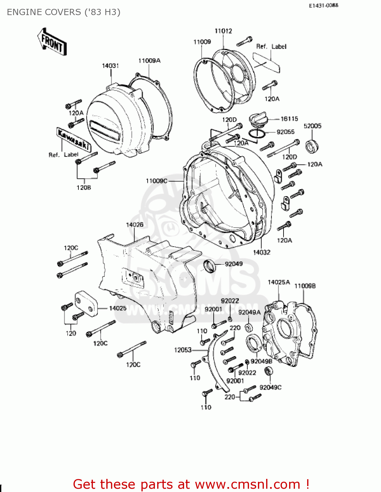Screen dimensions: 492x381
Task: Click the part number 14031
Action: [x=110, y=66]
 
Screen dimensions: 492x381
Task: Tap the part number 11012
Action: [x=223, y=31]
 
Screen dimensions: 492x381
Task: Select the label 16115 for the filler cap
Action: [x=289, y=119]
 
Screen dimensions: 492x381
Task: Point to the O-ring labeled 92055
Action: [x=256, y=133]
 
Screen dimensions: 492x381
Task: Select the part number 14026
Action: [x=135, y=225]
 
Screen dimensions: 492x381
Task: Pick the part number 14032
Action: [x=262, y=252]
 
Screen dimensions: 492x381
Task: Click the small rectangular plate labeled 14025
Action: [x=86, y=304]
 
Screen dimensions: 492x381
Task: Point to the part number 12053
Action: [x=182, y=350]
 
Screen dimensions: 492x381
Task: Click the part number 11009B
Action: [x=305, y=286]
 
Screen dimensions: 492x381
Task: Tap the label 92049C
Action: [x=270, y=387]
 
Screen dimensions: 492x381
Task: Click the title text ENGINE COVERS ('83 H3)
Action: [x=64, y=12]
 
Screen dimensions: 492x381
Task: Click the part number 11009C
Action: [x=157, y=181]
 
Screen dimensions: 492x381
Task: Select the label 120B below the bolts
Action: [x=84, y=188]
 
